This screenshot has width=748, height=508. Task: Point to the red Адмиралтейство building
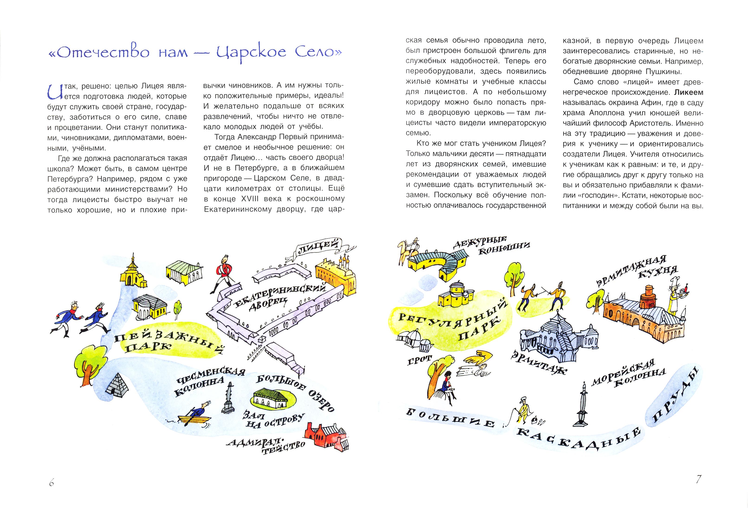click(x=327, y=436)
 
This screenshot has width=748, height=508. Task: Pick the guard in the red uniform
click(x=222, y=274)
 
